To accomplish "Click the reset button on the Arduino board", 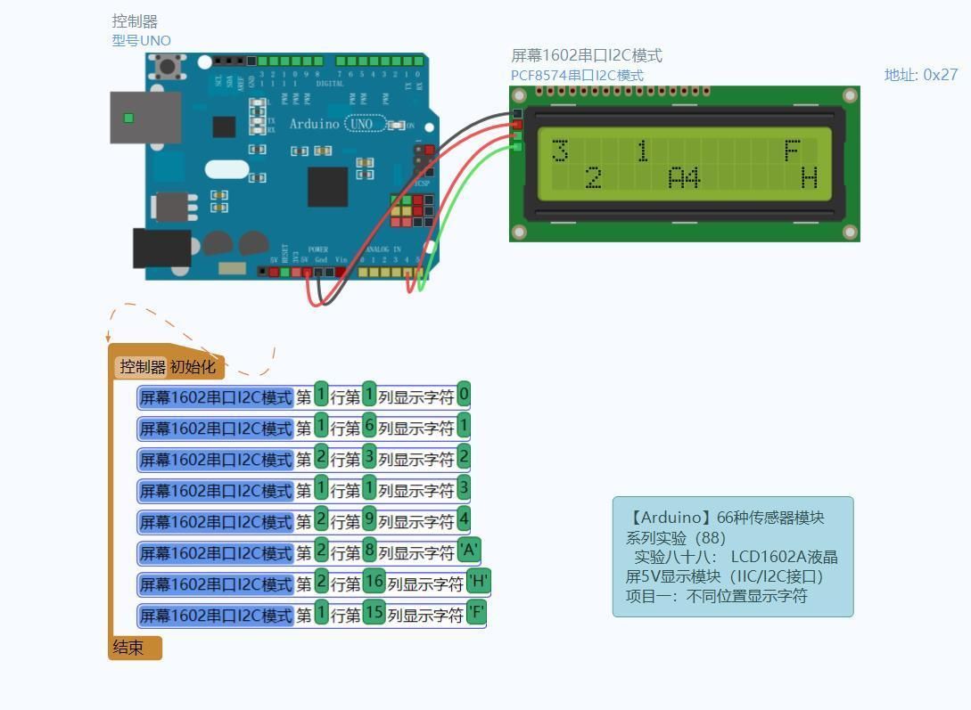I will pos(167,65).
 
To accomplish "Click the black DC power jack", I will pos(161,248).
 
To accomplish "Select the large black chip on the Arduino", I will pos(327,186).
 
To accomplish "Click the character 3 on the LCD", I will pos(560,151).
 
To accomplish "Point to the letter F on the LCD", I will pos(792,151).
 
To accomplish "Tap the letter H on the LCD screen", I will pos(809,178).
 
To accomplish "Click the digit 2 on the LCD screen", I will pos(593,178).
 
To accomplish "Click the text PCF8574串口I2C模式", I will pos(577,76).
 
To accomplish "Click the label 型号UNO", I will pos(141,40).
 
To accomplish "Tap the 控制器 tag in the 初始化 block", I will pos(143,367).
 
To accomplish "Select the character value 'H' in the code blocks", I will pos(479,584).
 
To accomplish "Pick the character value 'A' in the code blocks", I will pos(469,552).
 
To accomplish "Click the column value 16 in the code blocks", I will pos(374,584).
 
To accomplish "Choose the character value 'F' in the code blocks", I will pos(476,615).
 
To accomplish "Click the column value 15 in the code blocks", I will pos(374,615).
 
